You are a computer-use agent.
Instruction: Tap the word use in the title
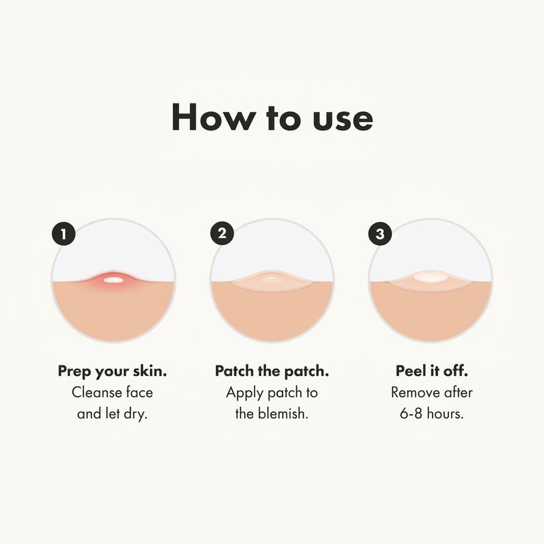click(x=342, y=120)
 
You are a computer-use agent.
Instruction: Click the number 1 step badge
click(x=63, y=234)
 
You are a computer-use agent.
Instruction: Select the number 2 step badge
click(x=222, y=233)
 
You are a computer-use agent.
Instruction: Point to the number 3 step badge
click(x=380, y=234)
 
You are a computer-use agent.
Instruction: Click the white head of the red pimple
click(x=113, y=280)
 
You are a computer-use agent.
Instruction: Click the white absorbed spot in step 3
click(x=431, y=277)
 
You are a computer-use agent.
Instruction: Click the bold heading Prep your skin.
click(x=112, y=371)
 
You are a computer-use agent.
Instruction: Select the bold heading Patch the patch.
click(x=272, y=371)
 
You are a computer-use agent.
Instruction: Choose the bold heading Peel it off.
click(x=432, y=371)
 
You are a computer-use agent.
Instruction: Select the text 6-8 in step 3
click(x=411, y=414)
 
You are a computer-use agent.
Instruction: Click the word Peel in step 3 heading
click(x=411, y=371)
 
